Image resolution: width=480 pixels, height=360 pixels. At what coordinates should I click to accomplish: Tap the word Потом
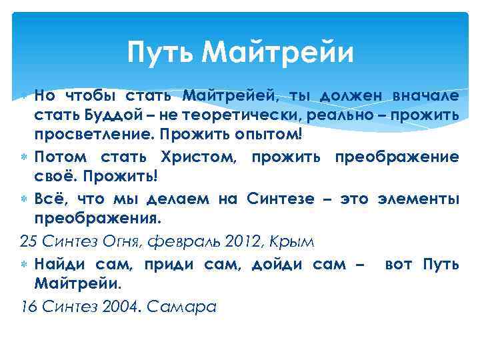click(x=59, y=157)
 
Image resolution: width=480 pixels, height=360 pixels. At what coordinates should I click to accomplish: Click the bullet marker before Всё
click(x=25, y=199)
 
